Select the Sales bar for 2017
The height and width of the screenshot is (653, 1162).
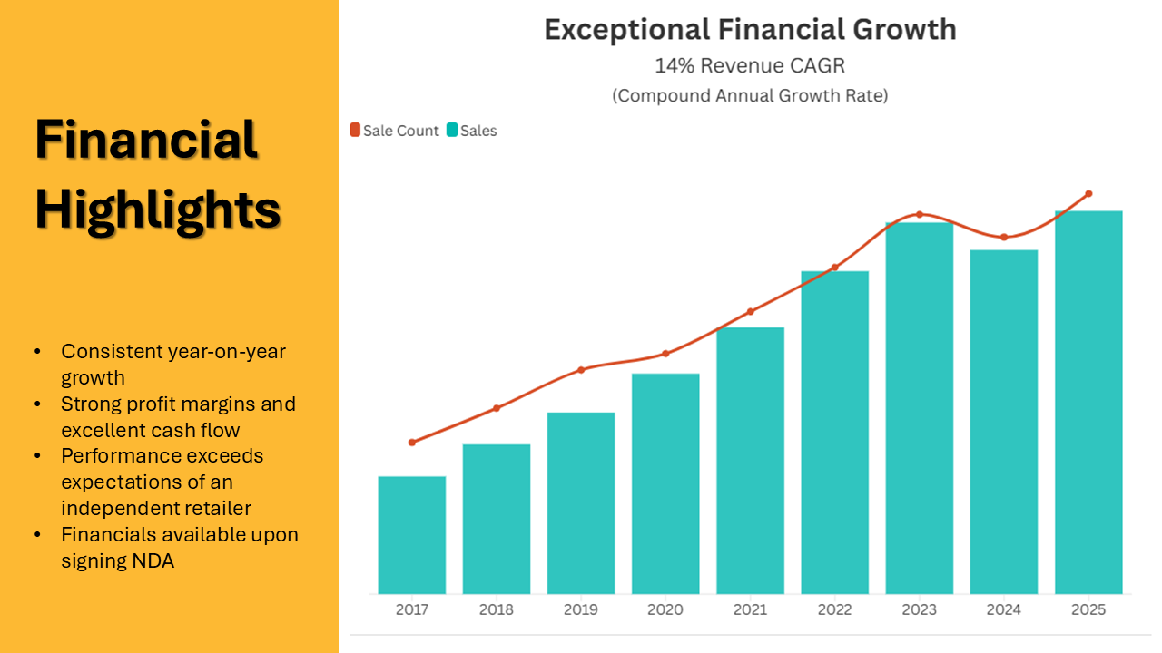pyautogui.click(x=411, y=535)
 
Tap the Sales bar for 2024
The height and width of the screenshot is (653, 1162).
pyautogui.click(x=1003, y=422)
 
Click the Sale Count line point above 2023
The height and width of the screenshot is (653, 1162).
pyautogui.click(x=919, y=214)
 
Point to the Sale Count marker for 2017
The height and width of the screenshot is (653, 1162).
pyautogui.click(x=411, y=443)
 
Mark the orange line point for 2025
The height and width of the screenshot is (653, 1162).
pyautogui.click(x=1088, y=193)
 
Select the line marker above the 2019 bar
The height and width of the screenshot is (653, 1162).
pyautogui.click(x=581, y=369)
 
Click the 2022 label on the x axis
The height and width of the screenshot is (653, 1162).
pyautogui.click(x=834, y=609)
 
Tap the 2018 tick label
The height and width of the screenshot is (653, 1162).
pyautogui.click(x=496, y=609)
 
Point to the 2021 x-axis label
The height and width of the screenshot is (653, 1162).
pyautogui.click(x=750, y=609)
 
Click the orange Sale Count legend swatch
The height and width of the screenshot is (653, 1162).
pyautogui.click(x=355, y=131)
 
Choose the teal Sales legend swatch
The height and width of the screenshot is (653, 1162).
pyautogui.click(x=452, y=131)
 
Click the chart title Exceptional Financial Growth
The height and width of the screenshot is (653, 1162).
pyautogui.click(x=750, y=29)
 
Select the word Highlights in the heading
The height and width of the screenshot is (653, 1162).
pyautogui.click(x=158, y=210)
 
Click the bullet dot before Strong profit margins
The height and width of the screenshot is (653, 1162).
pyautogui.click(x=37, y=404)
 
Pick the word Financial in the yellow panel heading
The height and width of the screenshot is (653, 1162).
pyautogui.click(x=146, y=141)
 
